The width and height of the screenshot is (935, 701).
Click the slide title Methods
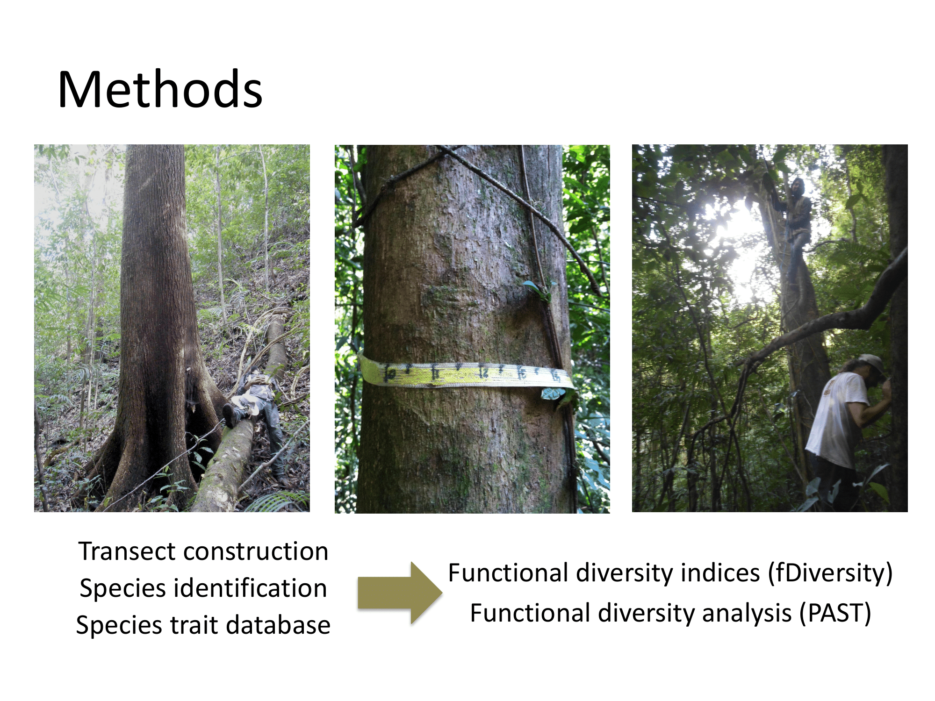(160, 89)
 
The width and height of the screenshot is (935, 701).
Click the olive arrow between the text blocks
(400, 593)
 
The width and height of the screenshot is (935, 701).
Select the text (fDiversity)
(830, 573)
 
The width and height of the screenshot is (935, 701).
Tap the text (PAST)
(835, 613)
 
